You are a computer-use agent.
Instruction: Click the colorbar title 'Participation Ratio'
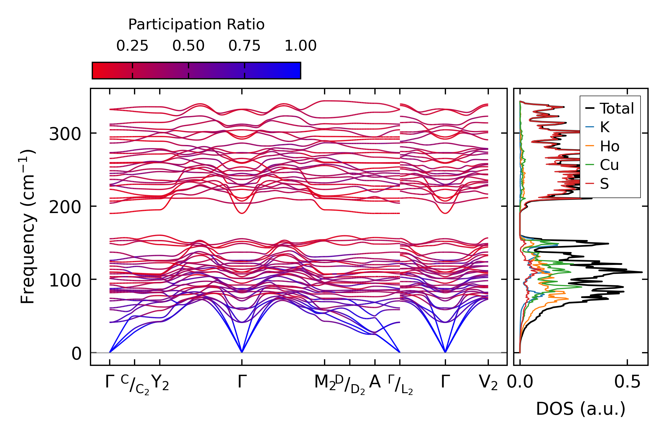196,25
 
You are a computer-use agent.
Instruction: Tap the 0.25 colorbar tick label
132,46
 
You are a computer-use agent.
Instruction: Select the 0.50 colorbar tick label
188,46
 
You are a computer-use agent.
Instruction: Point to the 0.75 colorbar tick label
244,46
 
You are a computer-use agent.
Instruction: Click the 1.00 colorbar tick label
300,46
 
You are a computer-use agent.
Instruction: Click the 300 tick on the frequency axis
65,134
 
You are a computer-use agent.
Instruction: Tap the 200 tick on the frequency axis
65,207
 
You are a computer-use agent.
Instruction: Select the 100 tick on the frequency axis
65,280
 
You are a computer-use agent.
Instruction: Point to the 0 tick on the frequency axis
76,354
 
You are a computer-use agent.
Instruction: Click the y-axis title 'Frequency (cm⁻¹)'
28,227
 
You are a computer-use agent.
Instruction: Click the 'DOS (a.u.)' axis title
581,409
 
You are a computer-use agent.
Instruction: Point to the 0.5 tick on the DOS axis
627,382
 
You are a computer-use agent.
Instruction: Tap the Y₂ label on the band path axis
160,383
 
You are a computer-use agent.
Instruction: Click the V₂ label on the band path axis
488,383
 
